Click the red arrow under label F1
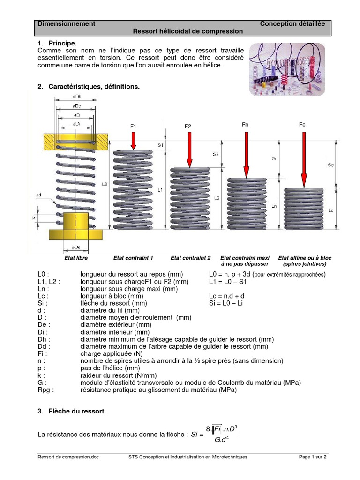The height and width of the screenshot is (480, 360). pos(134,139)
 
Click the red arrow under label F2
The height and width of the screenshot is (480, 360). pos(189,149)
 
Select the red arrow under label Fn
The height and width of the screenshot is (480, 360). pos(245,154)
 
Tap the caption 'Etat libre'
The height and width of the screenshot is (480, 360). pos(76,258)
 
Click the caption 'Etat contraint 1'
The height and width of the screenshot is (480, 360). pos(133,258)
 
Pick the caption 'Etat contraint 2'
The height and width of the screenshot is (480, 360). pos(190,258)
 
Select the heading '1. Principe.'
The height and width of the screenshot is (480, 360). pos(56,43)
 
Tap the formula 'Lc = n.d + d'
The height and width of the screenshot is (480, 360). pos(227,297)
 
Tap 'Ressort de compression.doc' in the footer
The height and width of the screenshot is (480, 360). pos(68,457)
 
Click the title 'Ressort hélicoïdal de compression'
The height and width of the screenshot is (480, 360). pos(188,31)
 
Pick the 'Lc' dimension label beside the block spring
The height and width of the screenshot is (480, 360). pos(331,210)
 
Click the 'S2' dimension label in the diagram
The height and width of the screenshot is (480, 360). pos(215,154)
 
